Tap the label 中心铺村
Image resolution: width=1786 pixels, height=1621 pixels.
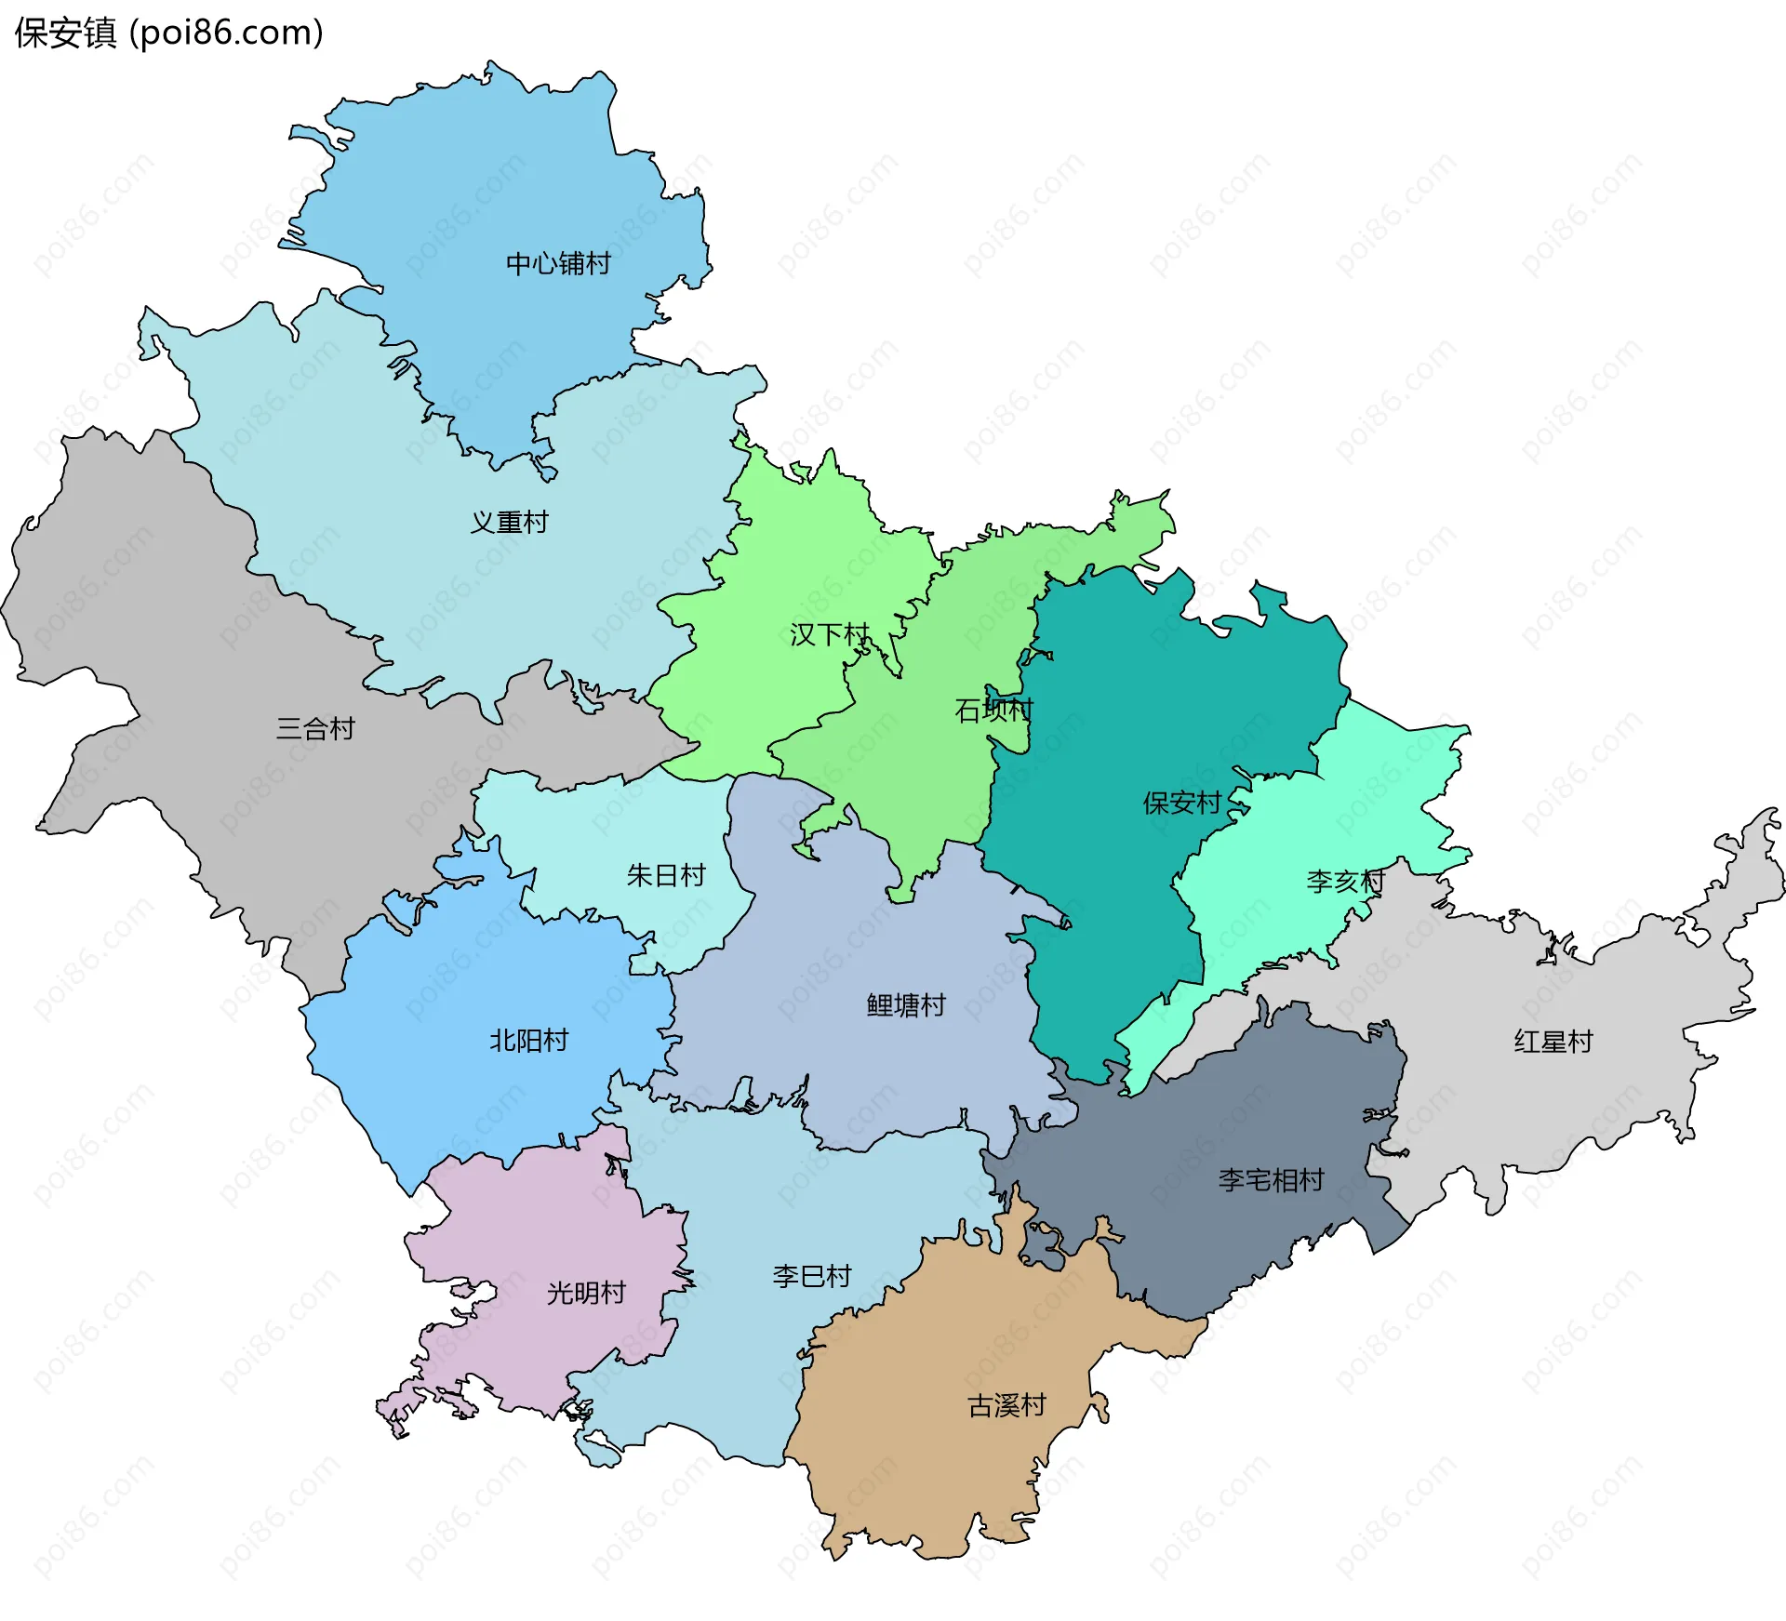(x=558, y=264)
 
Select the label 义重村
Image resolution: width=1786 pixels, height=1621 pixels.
(x=509, y=523)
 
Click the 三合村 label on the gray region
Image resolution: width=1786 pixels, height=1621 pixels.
(x=315, y=729)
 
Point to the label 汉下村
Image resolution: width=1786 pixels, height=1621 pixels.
(x=829, y=635)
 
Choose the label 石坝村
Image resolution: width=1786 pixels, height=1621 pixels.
(x=993, y=711)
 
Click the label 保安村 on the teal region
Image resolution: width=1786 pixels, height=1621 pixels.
(x=1181, y=803)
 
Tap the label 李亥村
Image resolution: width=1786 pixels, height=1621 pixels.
(x=1345, y=882)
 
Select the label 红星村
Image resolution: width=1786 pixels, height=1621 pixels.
(x=1553, y=1042)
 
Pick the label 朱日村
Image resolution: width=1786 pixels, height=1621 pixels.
(x=666, y=875)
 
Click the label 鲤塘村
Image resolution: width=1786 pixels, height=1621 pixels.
(x=906, y=1005)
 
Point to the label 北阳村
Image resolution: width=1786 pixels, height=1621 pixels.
(x=528, y=1041)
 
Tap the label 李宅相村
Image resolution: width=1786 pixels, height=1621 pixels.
(x=1271, y=1180)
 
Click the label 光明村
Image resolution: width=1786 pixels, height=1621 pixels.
(x=586, y=1293)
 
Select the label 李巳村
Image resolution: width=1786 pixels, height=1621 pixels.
(x=812, y=1276)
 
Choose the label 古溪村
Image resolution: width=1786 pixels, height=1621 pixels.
(x=1006, y=1405)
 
